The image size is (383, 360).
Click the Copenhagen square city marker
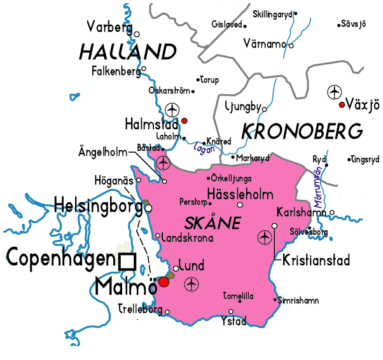(127, 261)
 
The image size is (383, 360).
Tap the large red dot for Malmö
(164, 282)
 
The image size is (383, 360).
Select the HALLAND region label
(127, 52)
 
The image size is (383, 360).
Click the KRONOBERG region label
(302, 132)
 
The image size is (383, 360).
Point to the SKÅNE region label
(212, 223)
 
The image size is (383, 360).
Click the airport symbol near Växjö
(334, 92)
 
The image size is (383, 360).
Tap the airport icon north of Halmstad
(172, 109)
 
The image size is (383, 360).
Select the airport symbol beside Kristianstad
(265, 238)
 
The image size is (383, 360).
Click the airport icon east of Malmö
(191, 284)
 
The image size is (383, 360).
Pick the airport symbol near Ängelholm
(164, 163)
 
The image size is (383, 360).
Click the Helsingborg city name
(98, 206)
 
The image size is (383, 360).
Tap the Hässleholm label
(240, 194)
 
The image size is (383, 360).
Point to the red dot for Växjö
(342, 105)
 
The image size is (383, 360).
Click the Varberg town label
(109, 27)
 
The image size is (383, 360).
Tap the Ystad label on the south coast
(233, 321)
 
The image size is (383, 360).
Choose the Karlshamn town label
(302, 212)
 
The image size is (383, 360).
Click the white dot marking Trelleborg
(168, 312)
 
